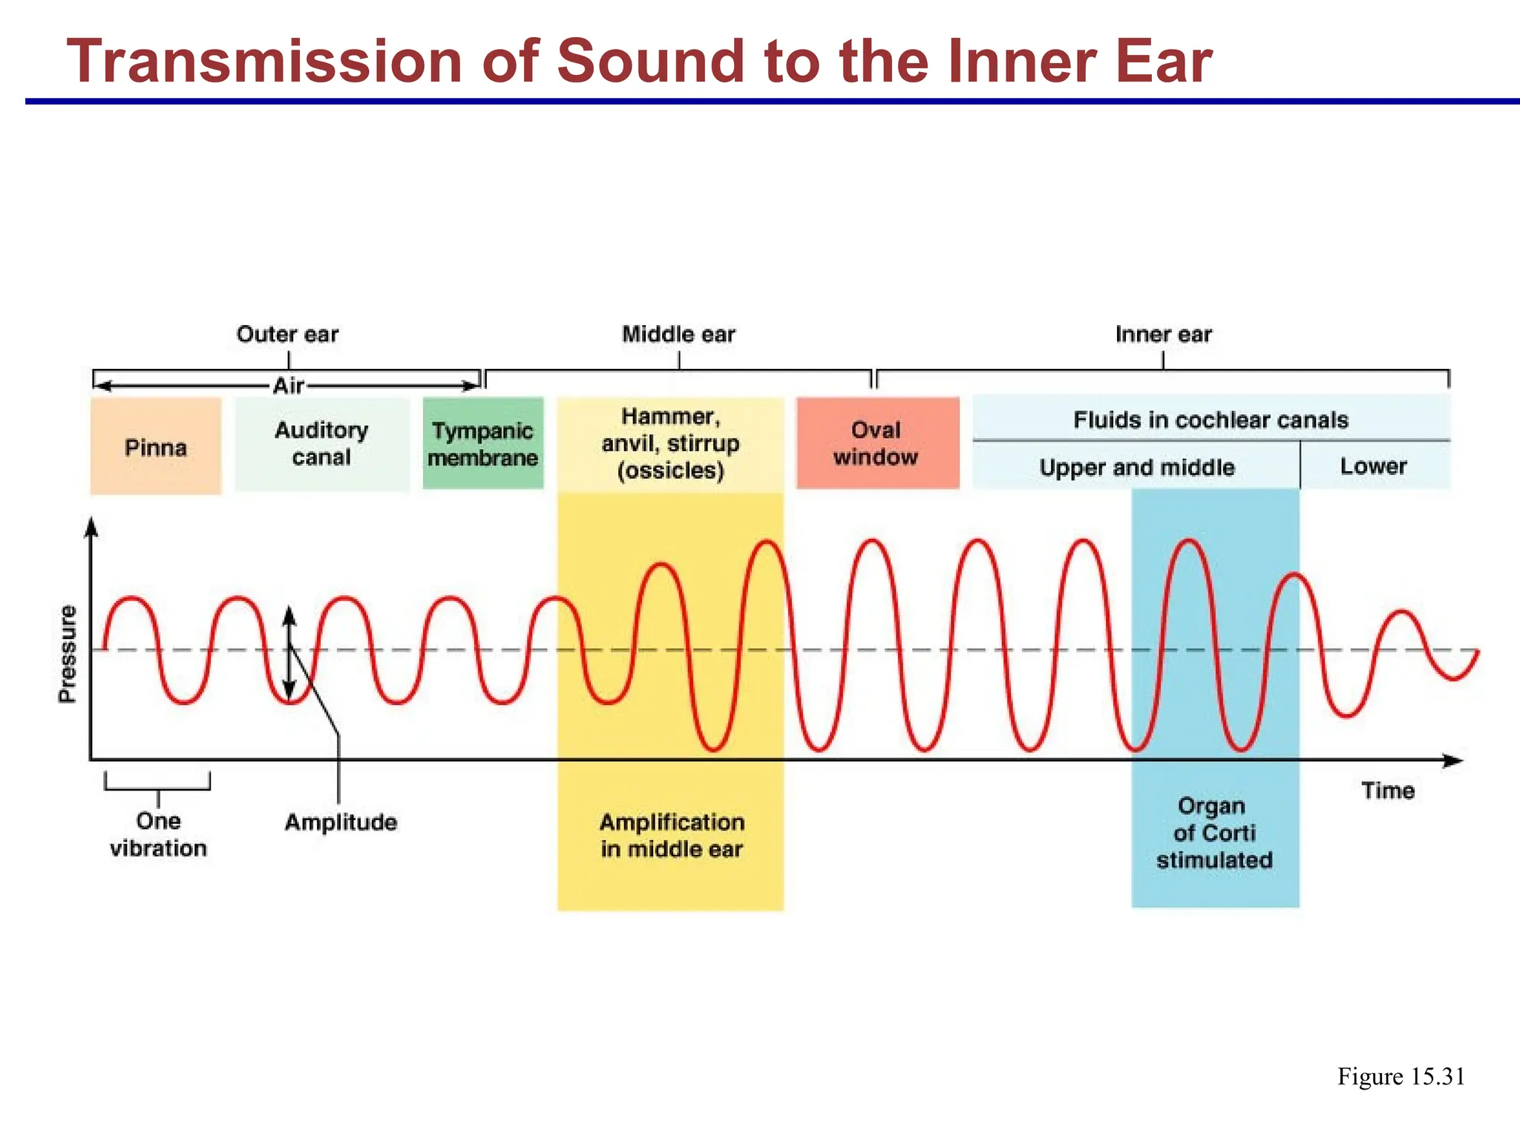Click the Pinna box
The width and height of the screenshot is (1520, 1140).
coord(156,447)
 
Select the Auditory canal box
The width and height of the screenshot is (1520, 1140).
coord(322,444)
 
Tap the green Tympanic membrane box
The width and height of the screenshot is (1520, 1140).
coord(483,444)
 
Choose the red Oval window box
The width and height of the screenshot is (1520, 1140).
coord(877,443)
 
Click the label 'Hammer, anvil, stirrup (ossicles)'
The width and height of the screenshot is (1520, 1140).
coord(670,443)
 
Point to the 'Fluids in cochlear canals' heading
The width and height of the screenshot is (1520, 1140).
coord(1211,420)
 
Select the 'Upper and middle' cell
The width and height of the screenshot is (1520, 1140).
coord(1136,468)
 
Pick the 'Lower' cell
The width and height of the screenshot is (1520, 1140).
coord(1373,466)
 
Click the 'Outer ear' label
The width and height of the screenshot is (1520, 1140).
coord(287,334)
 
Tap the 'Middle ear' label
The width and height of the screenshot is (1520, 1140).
coord(678,334)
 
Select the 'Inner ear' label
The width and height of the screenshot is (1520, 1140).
coord(1163,334)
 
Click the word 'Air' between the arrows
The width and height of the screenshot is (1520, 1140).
coord(288,386)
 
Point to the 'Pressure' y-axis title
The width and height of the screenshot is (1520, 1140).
coord(68,653)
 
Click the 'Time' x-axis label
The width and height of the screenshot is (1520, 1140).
coord(1387,790)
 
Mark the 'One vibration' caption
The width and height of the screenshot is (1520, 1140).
coord(158,834)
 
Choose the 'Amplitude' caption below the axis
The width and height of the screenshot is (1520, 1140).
coord(341,822)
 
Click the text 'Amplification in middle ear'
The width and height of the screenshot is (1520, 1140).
coord(672,836)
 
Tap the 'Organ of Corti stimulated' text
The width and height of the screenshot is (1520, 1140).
coord(1214,833)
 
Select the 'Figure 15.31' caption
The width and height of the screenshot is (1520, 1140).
coord(1401,1076)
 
